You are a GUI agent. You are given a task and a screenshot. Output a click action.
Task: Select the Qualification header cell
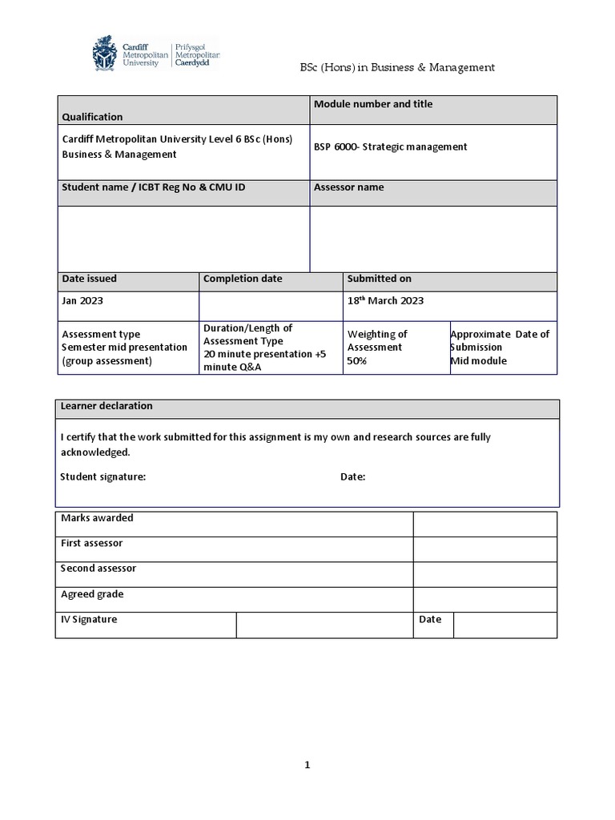click(x=93, y=117)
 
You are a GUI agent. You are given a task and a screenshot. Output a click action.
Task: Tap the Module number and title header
click(x=373, y=104)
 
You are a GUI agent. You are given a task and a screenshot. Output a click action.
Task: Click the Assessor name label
click(x=348, y=187)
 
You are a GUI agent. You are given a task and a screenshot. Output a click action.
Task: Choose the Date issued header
click(x=89, y=279)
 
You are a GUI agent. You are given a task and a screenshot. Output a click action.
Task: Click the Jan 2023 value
click(x=82, y=301)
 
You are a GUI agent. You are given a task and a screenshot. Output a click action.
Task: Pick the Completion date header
click(x=243, y=279)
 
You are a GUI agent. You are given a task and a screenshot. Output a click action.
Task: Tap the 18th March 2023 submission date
click(x=385, y=301)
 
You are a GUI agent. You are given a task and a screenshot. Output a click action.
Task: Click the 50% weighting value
click(x=357, y=361)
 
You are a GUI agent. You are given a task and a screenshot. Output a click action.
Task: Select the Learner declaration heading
click(x=107, y=406)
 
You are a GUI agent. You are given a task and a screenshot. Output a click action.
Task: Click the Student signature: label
click(x=103, y=476)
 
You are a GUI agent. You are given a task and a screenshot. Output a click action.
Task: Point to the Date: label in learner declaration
click(x=353, y=476)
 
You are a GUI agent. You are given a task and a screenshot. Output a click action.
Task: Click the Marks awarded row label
click(x=97, y=518)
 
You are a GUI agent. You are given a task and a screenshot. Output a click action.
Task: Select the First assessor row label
click(x=92, y=543)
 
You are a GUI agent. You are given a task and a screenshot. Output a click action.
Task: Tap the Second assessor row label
click(x=98, y=569)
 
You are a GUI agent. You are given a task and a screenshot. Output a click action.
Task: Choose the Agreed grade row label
click(x=92, y=594)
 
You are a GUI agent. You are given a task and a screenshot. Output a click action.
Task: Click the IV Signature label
click(x=89, y=620)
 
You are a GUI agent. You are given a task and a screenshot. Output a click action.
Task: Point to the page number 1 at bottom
click(x=307, y=765)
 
